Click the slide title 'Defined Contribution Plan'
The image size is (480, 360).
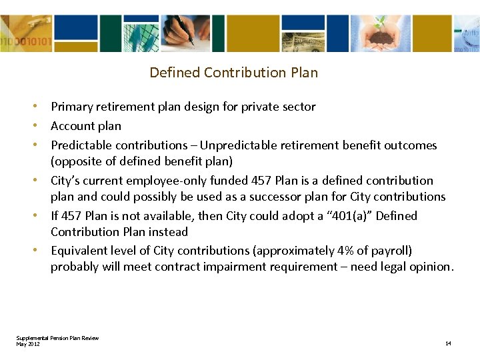pos(233,72)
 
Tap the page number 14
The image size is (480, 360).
pos(448,343)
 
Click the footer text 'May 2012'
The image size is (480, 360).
pos(28,343)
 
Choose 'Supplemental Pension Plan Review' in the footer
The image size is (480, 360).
pos(57,338)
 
